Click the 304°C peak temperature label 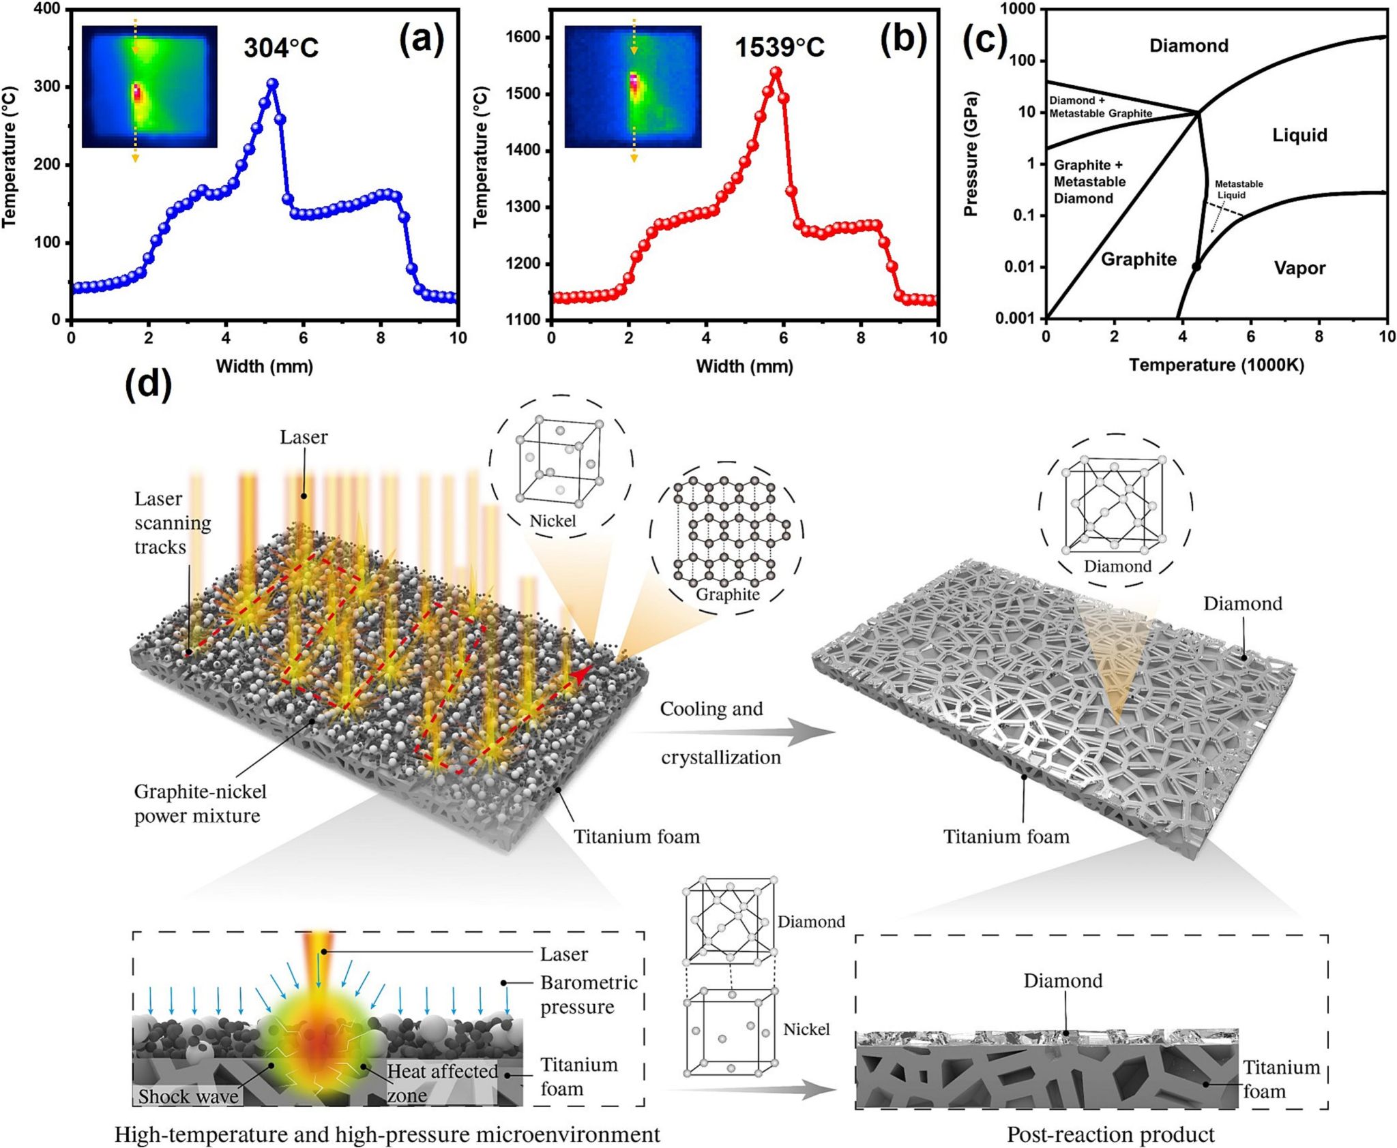pyautogui.click(x=281, y=48)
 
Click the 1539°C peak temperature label pyautogui.click(x=779, y=48)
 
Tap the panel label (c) pyautogui.click(x=984, y=42)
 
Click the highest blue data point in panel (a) pyautogui.click(x=273, y=84)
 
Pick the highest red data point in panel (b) pyautogui.click(x=776, y=72)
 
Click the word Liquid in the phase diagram pyautogui.click(x=1299, y=135)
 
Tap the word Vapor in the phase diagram pyautogui.click(x=1299, y=268)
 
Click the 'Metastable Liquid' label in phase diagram pyautogui.click(x=1239, y=190)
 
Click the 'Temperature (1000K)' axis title pyautogui.click(x=1216, y=365)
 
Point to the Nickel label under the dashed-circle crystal pyautogui.click(x=553, y=521)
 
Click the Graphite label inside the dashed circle pyautogui.click(x=727, y=594)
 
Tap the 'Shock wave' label pyautogui.click(x=188, y=1096)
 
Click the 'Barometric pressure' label pyautogui.click(x=589, y=995)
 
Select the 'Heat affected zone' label pyautogui.click(x=442, y=1083)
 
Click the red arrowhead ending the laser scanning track pyautogui.click(x=580, y=674)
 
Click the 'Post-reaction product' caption pyautogui.click(x=1111, y=1134)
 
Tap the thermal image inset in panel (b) pyautogui.click(x=632, y=87)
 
